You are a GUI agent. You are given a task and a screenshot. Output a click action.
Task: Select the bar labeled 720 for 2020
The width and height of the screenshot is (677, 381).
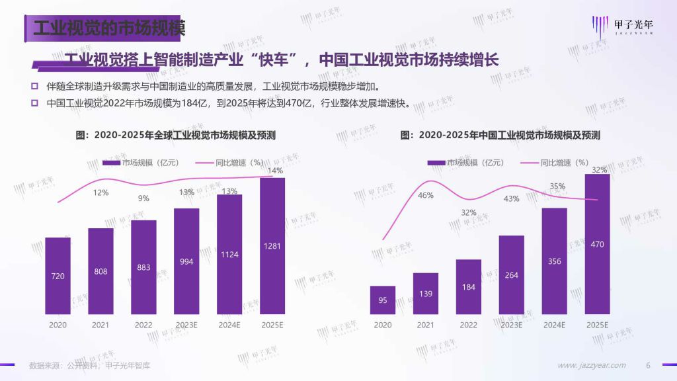58,275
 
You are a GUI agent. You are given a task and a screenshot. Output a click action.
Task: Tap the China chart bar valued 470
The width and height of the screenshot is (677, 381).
598,243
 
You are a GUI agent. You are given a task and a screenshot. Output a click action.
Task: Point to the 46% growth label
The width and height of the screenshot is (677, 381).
426,195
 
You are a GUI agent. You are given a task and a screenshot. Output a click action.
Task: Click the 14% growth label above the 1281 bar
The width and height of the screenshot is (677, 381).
274,171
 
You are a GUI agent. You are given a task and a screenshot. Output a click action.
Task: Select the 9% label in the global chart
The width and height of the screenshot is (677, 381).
143,198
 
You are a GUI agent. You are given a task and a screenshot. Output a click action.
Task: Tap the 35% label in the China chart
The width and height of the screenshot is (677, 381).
557,187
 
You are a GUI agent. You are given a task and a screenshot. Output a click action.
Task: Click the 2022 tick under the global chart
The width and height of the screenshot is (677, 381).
143,325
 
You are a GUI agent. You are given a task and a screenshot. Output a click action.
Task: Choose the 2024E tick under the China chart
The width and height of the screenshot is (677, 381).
554,325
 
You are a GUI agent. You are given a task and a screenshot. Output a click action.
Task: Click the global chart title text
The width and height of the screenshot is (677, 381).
176,135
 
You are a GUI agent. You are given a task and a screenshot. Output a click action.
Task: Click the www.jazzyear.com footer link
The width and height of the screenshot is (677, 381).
592,365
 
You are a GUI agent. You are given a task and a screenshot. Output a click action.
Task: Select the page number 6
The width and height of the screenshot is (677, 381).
648,365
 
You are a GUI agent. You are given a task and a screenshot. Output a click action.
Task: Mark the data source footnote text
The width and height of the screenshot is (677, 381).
89,365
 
